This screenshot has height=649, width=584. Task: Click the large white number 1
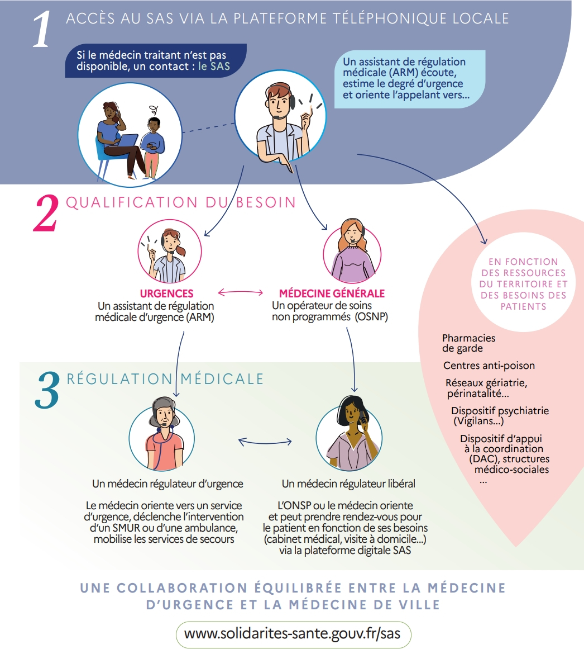pyautogui.click(x=42, y=29)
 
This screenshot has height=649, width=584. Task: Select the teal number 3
pyautogui.click(x=47, y=390)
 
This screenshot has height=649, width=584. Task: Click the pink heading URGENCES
pyautogui.click(x=166, y=293)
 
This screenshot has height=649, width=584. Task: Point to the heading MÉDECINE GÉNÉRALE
pyautogui.click(x=332, y=293)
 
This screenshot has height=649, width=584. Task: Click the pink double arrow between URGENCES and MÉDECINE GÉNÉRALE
pyautogui.click(x=241, y=292)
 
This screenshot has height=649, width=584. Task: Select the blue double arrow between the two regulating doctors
pyautogui.click(x=265, y=442)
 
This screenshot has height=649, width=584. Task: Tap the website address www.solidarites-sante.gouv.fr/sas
pyautogui.click(x=292, y=634)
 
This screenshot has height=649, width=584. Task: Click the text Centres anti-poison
pyautogui.click(x=489, y=366)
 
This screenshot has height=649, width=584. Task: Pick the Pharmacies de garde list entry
pyautogui.click(x=468, y=343)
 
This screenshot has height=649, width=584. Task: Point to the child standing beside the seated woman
pyautogui.click(x=152, y=148)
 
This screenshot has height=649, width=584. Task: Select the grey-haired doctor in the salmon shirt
pyautogui.click(x=164, y=434)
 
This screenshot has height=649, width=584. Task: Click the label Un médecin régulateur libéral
pyautogui.click(x=348, y=484)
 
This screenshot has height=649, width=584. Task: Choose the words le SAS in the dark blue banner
pyautogui.click(x=214, y=66)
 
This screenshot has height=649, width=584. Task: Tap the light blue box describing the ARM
pyautogui.click(x=410, y=79)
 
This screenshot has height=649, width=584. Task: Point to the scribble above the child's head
pyautogui.click(x=154, y=110)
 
